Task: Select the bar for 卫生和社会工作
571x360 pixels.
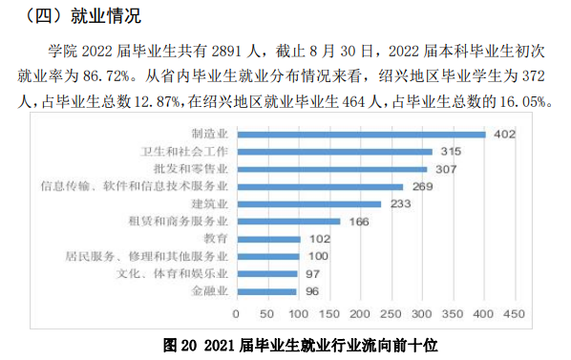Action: coord(333,152)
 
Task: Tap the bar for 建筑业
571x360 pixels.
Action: coord(308,203)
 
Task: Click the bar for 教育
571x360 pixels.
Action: coord(268,239)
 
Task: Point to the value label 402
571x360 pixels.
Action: coord(504,134)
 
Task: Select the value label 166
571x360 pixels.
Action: coord(360,222)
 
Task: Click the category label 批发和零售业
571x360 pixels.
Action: coord(197,169)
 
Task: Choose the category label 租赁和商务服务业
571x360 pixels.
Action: coord(181,222)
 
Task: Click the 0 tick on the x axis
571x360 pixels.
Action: coord(238,313)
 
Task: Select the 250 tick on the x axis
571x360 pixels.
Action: coord(391,313)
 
